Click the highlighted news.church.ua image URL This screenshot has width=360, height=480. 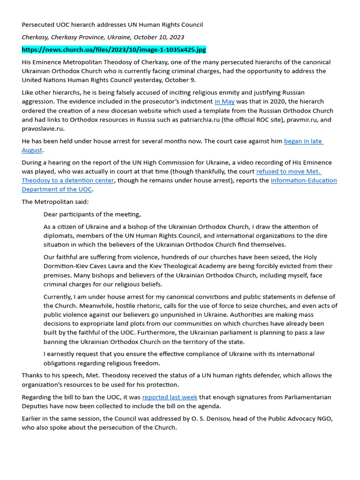click(x=114, y=50)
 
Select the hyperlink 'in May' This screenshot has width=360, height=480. click(x=225, y=102)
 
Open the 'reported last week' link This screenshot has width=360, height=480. click(x=170, y=397)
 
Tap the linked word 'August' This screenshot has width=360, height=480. click(x=32, y=150)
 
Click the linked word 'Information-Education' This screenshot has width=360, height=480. click(x=304, y=180)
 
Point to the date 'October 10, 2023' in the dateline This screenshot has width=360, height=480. click(x=157, y=37)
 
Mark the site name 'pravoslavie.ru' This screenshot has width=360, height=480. click(x=43, y=129)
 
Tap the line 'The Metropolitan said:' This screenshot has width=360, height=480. click(x=55, y=202)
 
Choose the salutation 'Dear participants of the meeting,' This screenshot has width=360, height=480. click(x=92, y=214)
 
